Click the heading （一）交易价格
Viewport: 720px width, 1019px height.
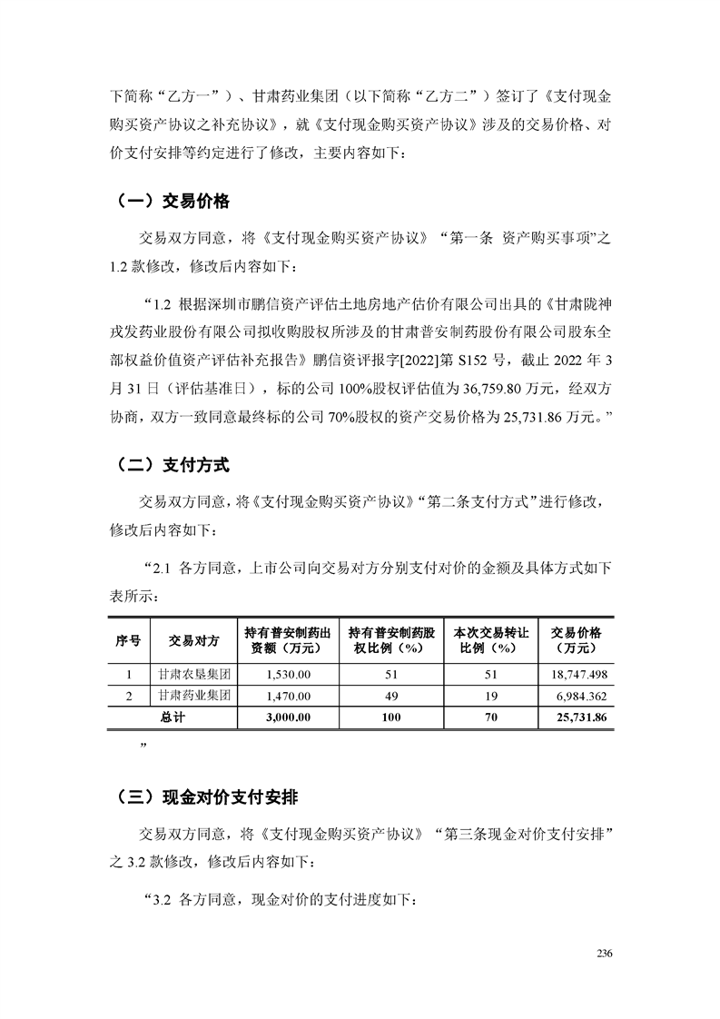[169, 201]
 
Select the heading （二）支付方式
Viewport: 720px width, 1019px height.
[169, 465]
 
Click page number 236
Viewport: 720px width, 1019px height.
[606, 954]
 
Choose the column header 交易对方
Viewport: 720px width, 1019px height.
[193, 640]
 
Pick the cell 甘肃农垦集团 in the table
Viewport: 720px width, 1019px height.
[193, 675]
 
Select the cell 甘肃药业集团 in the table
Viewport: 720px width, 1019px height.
[193, 697]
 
